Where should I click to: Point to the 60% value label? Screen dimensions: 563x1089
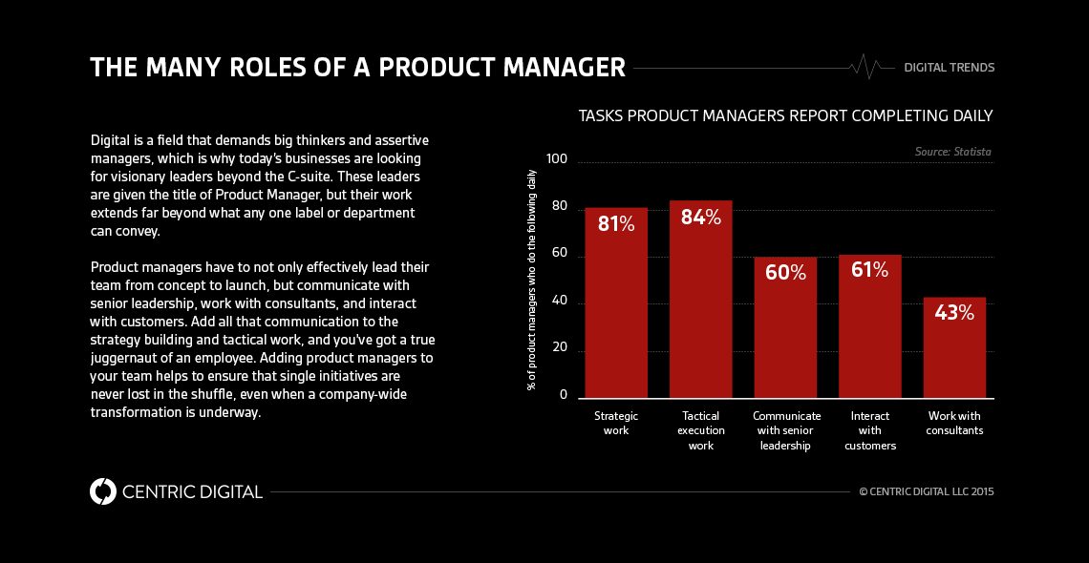click(785, 273)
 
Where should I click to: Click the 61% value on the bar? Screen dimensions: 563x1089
click(869, 270)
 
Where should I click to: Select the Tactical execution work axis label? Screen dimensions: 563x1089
click(701, 430)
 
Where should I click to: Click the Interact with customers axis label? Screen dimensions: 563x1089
click(870, 430)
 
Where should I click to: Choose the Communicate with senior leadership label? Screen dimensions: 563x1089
click(786, 430)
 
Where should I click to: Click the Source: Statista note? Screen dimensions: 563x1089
click(953, 152)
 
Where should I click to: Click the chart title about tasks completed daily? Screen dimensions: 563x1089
click(785, 115)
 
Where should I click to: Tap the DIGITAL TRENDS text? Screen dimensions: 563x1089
click(949, 68)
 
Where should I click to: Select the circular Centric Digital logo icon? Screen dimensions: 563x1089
click(102, 491)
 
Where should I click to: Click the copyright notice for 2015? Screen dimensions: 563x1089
click(926, 492)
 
